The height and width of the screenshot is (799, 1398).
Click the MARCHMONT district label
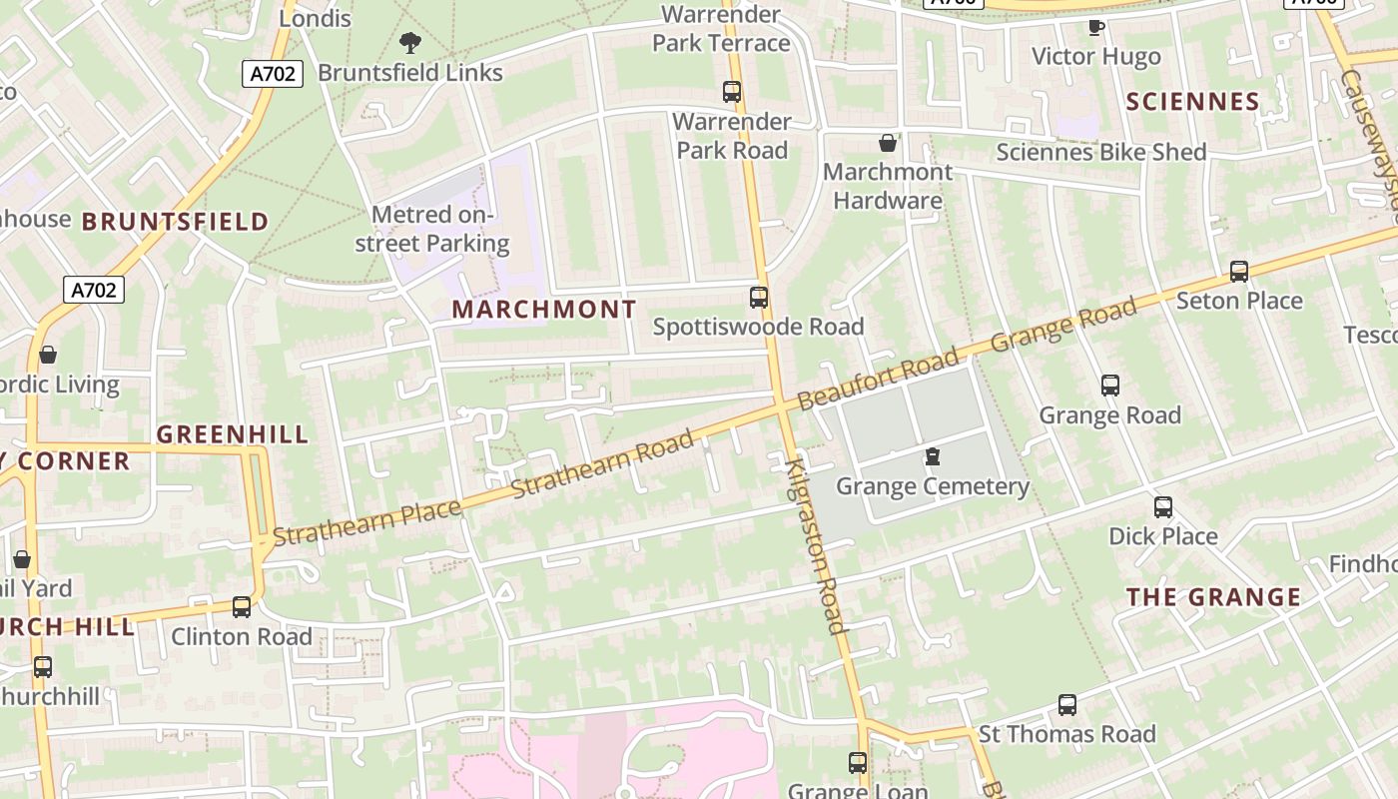(544, 310)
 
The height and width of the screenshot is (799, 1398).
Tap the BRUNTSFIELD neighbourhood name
(175, 222)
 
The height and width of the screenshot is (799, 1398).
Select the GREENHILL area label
(233, 434)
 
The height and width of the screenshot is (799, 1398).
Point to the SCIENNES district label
(1193, 102)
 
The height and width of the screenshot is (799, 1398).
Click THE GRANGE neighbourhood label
(1214, 597)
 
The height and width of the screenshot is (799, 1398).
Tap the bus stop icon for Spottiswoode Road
(759, 297)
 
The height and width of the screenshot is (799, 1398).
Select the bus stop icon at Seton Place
(1239, 271)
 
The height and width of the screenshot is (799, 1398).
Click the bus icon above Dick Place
(1163, 506)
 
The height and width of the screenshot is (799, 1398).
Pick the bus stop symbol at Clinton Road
(242, 606)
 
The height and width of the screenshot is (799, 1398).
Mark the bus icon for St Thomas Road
(1067, 705)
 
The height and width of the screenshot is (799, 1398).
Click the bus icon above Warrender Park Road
(732, 92)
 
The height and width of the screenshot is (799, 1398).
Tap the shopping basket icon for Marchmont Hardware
(888, 143)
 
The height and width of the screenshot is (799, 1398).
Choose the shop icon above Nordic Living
(48, 355)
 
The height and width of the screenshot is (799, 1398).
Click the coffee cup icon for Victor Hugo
(1095, 27)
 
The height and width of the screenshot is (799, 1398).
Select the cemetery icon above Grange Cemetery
(933, 456)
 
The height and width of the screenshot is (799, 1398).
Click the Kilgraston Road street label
(816, 545)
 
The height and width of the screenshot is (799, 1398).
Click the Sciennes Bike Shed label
(1101, 152)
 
